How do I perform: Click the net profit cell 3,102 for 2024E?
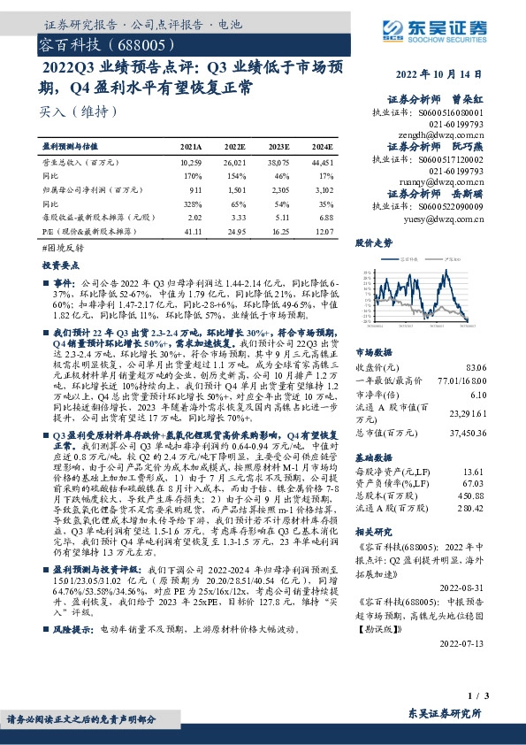[324, 188]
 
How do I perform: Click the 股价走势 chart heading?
[374, 241]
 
